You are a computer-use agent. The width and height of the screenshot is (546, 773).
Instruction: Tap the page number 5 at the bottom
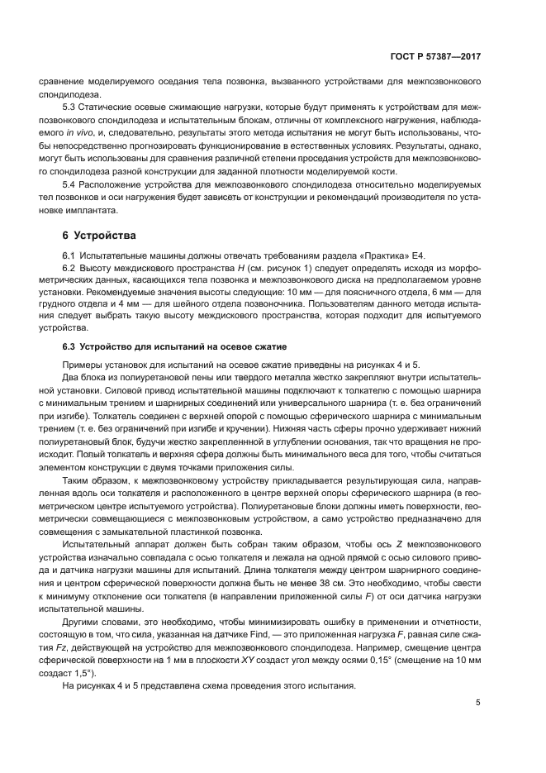coord(477,702)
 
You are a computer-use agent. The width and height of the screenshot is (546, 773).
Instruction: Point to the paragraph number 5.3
coord(71,109)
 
